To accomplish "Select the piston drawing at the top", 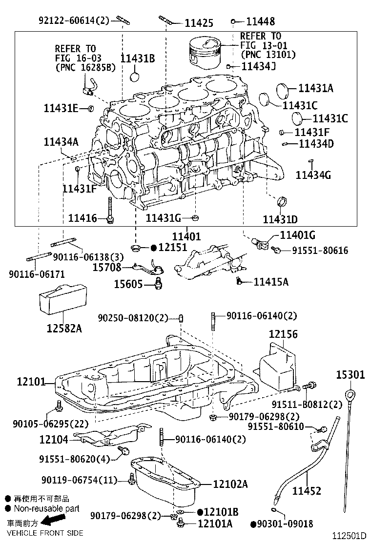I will [x=207, y=51].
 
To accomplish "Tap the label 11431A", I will [x=315, y=88].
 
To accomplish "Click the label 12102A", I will [x=230, y=484].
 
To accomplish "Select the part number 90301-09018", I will [x=285, y=524].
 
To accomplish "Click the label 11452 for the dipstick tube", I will [x=307, y=491].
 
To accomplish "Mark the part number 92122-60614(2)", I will [x=74, y=19].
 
